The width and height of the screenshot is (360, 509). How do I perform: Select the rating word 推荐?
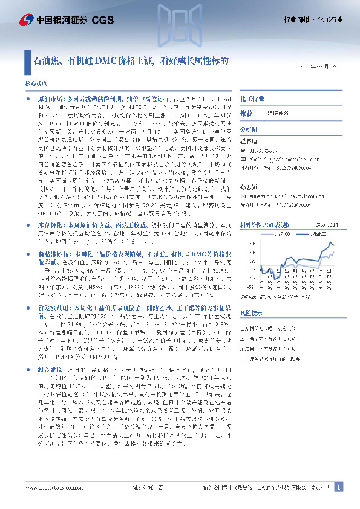(x=246, y=112)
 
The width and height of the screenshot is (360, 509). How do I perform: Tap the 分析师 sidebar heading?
(x=249, y=129)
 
